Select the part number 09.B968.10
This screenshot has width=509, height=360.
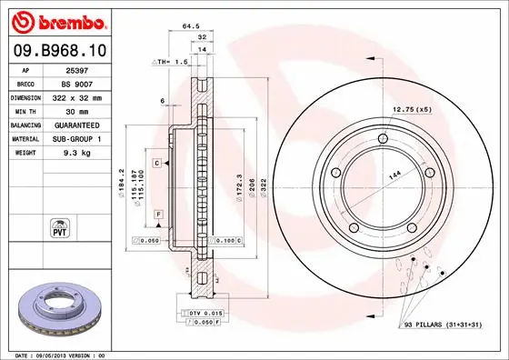pyautogui.click(x=58, y=51)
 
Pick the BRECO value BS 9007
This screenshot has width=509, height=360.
pyautogui.click(x=75, y=83)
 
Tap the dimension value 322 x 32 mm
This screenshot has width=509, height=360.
pyautogui.click(x=75, y=96)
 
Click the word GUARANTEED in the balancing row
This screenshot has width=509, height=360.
pyautogui.click(x=75, y=125)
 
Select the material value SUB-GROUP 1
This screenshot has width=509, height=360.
pyautogui.click(x=75, y=138)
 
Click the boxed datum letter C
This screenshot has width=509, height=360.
pyautogui.click(x=156, y=162)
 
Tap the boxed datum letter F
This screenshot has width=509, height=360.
pyautogui.click(x=158, y=213)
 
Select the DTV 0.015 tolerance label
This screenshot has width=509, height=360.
pyautogui.click(x=206, y=313)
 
